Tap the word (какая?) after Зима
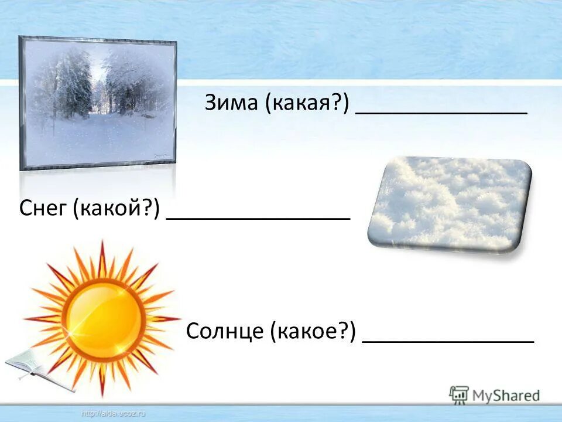coord(307,104)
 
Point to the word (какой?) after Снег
coord(117,209)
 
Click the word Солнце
coord(225,332)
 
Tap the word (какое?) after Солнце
coord(313,332)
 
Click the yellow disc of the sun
coord(104,317)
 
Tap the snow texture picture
coord(450,203)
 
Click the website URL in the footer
coord(114,414)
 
